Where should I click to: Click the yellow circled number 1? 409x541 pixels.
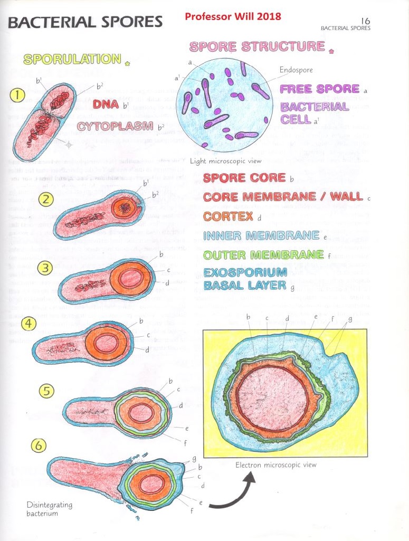coord(17,96)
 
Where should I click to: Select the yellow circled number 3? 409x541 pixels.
coord(47,268)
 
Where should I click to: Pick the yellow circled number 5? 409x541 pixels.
coord(47,391)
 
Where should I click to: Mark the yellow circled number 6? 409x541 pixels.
coord(38,445)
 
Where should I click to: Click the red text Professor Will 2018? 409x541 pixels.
coord(233,16)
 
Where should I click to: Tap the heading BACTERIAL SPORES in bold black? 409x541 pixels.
coord(84,22)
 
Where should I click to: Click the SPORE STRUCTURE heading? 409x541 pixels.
coord(257,46)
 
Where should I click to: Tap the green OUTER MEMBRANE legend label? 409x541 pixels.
coord(263,255)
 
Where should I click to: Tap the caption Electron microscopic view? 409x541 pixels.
coord(275,465)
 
